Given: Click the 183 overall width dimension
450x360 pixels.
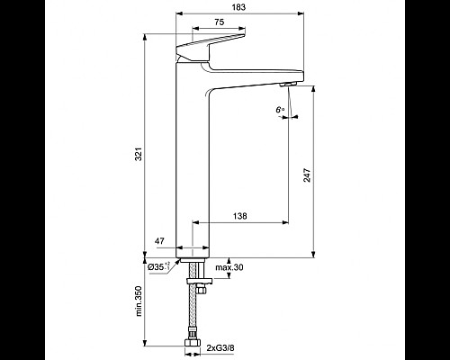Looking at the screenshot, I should coord(238,7).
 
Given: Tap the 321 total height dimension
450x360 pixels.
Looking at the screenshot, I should coord(138,154).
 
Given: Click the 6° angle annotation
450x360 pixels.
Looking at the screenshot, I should coord(280,111).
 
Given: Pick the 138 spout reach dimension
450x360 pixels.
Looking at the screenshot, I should coord(240,217).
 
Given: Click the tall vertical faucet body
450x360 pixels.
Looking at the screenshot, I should coord(192,162).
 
